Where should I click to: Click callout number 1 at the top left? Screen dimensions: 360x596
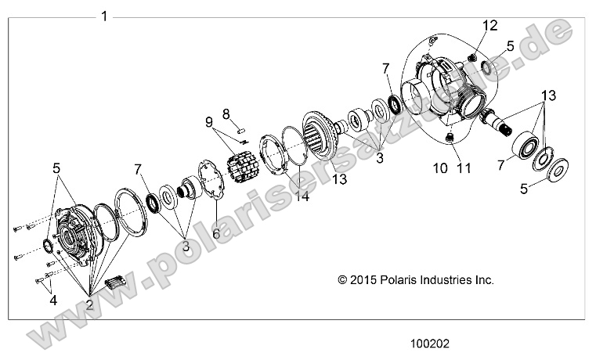pyautogui.click(x=104, y=16)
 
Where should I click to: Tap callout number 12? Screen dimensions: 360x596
pyautogui.click(x=489, y=26)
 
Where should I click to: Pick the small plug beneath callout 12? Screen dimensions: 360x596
pyautogui.click(x=473, y=56)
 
